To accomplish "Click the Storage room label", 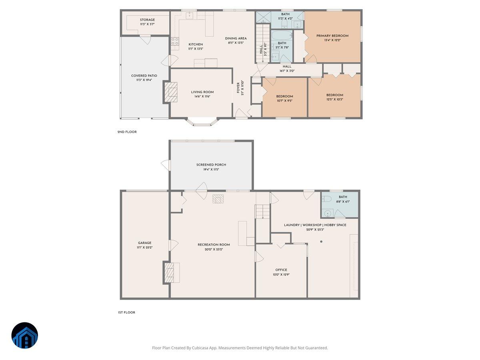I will [147, 20].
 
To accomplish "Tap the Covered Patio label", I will [144, 76].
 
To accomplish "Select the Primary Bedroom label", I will [332, 36].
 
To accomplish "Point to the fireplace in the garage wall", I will [170, 272].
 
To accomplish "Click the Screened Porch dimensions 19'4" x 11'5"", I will [211, 170].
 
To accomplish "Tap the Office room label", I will [281, 270].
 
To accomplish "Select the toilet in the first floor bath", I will [327, 199].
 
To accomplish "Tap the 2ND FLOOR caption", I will [127, 132].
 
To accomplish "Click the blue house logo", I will [25, 335].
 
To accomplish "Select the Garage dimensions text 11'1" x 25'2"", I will [145, 248].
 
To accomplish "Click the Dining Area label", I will [236, 38].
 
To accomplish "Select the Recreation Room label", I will [214, 245].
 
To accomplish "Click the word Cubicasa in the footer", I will [202, 348].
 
